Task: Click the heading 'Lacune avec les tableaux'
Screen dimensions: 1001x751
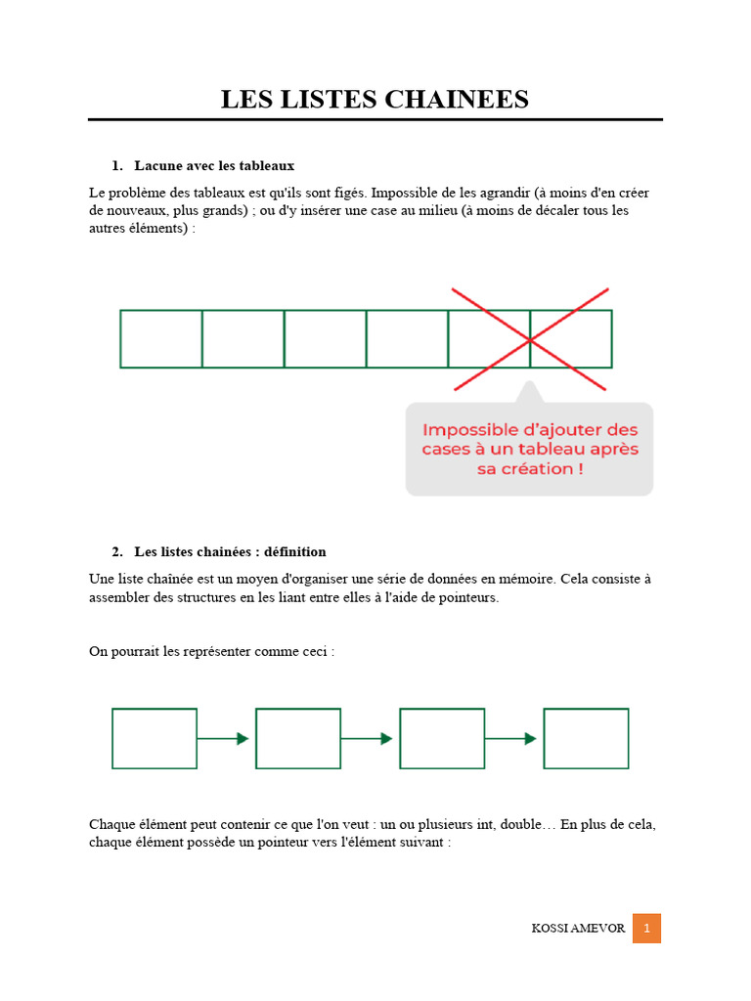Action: (x=214, y=165)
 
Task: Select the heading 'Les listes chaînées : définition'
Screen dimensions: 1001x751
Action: (x=230, y=551)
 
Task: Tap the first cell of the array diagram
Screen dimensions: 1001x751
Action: (x=161, y=339)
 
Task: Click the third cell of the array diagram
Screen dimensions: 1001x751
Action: (x=325, y=339)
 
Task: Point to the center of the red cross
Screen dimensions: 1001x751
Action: (x=530, y=339)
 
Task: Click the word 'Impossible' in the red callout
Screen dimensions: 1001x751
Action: (x=467, y=430)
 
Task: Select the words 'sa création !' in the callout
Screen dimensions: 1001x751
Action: (x=529, y=469)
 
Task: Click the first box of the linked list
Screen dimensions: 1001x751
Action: (x=155, y=738)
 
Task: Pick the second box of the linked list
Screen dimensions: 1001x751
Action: (x=298, y=738)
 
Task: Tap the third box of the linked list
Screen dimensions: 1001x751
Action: (x=442, y=738)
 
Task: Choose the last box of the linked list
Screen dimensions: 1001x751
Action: (x=586, y=738)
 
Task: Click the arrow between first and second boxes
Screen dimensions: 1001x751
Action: (x=225, y=738)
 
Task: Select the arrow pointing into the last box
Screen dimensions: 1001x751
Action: (x=512, y=738)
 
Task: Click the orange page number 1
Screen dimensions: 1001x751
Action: (x=646, y=929)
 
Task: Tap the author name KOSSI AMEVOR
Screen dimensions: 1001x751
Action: (x=577, y=929)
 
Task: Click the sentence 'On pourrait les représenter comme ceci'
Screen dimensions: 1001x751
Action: (x=211, y=651)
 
